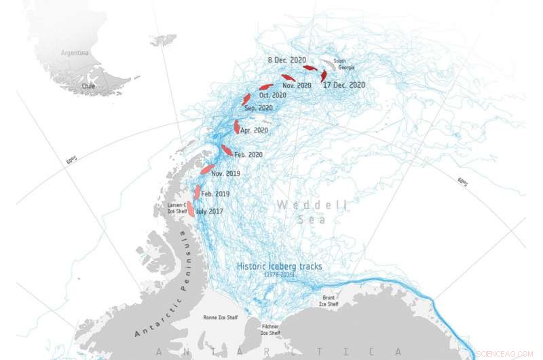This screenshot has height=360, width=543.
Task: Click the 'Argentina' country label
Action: pos(75,52)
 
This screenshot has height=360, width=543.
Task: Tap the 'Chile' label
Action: pos(88,86)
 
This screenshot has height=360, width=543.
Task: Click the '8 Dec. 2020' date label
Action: pos(288,60)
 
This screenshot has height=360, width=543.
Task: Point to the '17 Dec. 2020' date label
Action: pos(344,85)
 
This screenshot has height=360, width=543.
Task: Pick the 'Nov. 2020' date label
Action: pos(297,86)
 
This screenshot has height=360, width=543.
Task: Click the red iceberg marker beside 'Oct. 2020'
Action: pos(266,87)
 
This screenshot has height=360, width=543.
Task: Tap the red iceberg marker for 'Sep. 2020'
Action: pos(246,99)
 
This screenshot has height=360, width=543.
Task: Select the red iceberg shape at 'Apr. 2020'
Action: pos(236,126)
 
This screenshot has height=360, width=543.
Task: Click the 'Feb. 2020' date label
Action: pos(248,155)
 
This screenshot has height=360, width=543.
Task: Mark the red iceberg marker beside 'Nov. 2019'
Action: pos(207,168)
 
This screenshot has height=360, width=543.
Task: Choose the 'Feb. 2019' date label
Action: pos(215,194)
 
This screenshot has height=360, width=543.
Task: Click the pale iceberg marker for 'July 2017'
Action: pos(191,209)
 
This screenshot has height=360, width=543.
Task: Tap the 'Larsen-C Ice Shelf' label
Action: pos(177,208)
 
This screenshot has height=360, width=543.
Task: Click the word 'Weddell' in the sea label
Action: pos(312,204)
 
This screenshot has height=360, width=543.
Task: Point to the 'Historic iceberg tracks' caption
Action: pos(280,267)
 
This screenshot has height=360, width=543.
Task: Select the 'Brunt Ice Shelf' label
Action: pos(328,300)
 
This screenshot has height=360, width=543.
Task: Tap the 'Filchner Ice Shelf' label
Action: pos(271,329)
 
